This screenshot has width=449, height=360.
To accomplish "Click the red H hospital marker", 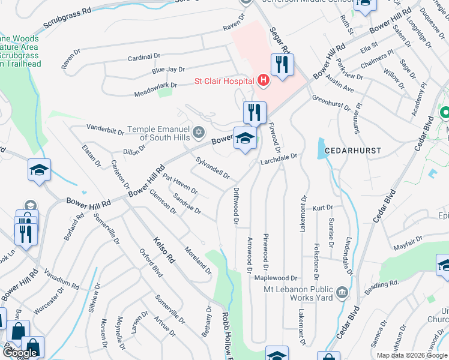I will pos(262,80).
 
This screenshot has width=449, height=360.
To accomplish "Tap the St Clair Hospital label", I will pos(223,80).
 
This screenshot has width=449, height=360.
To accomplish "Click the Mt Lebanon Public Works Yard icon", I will pos(342,292).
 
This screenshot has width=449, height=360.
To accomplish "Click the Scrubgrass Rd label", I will pos(67,20).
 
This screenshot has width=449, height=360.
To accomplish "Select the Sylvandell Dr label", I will pos(213,167).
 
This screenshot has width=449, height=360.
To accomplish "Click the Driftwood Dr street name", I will pos(235,206).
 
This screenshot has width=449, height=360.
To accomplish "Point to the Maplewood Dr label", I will pos(276,278).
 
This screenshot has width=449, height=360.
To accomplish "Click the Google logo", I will pos(20,353).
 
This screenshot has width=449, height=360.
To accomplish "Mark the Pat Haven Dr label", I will pos(180,185).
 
